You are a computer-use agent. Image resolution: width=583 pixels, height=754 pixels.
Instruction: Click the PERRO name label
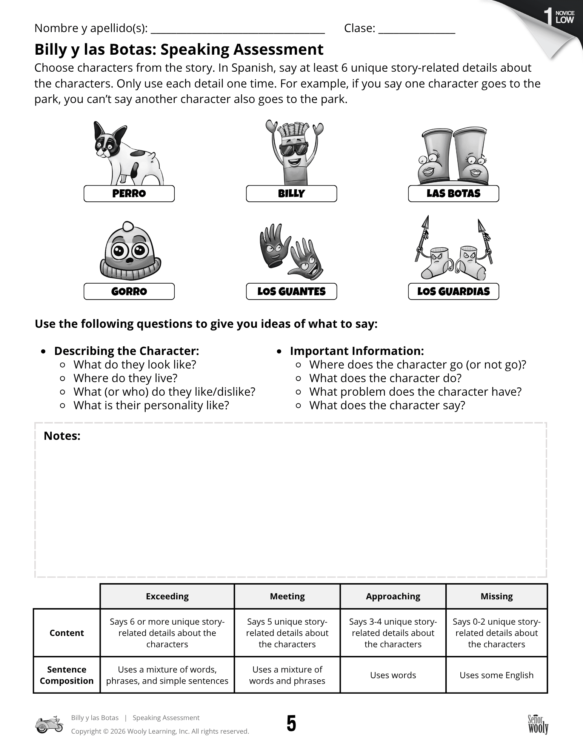[x=129, y=193]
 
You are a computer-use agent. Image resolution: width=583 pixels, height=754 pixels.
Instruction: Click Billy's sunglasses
[x=294, y=149]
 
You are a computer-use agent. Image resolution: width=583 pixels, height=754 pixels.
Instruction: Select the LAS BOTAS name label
[x=453, y=193]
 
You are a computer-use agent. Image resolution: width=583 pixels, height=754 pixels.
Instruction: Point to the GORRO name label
[x=129, y=291]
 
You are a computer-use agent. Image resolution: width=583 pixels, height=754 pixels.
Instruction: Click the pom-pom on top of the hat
[x=128, y=226]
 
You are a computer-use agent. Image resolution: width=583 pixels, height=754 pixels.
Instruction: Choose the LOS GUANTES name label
[x=291, y=291]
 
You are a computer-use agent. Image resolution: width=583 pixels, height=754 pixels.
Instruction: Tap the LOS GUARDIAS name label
[x=453, y=291]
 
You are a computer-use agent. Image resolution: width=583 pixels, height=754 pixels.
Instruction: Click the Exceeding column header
[x=167, y=596]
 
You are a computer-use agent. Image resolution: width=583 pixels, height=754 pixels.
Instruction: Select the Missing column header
[x=497, y=596]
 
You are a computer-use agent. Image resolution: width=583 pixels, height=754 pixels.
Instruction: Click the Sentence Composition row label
[x=67, y=675]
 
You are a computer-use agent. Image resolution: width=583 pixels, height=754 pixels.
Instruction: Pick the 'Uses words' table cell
[x=393, y=675]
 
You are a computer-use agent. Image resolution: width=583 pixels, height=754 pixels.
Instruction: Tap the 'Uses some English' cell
[x=497, y=675]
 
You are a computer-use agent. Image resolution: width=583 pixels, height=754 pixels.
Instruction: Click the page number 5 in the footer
[x=291, y=724]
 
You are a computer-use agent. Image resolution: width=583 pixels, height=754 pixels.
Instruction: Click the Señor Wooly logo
[x=538, y=724]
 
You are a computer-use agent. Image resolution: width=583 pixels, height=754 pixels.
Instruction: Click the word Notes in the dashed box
[x=62, y=436]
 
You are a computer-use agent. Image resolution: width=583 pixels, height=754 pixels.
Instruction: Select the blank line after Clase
[x=417, y=30]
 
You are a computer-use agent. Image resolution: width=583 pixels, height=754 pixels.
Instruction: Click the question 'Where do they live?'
[x=125, y=378]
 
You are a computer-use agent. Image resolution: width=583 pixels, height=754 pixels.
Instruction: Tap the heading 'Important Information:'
[x=357, y=351]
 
